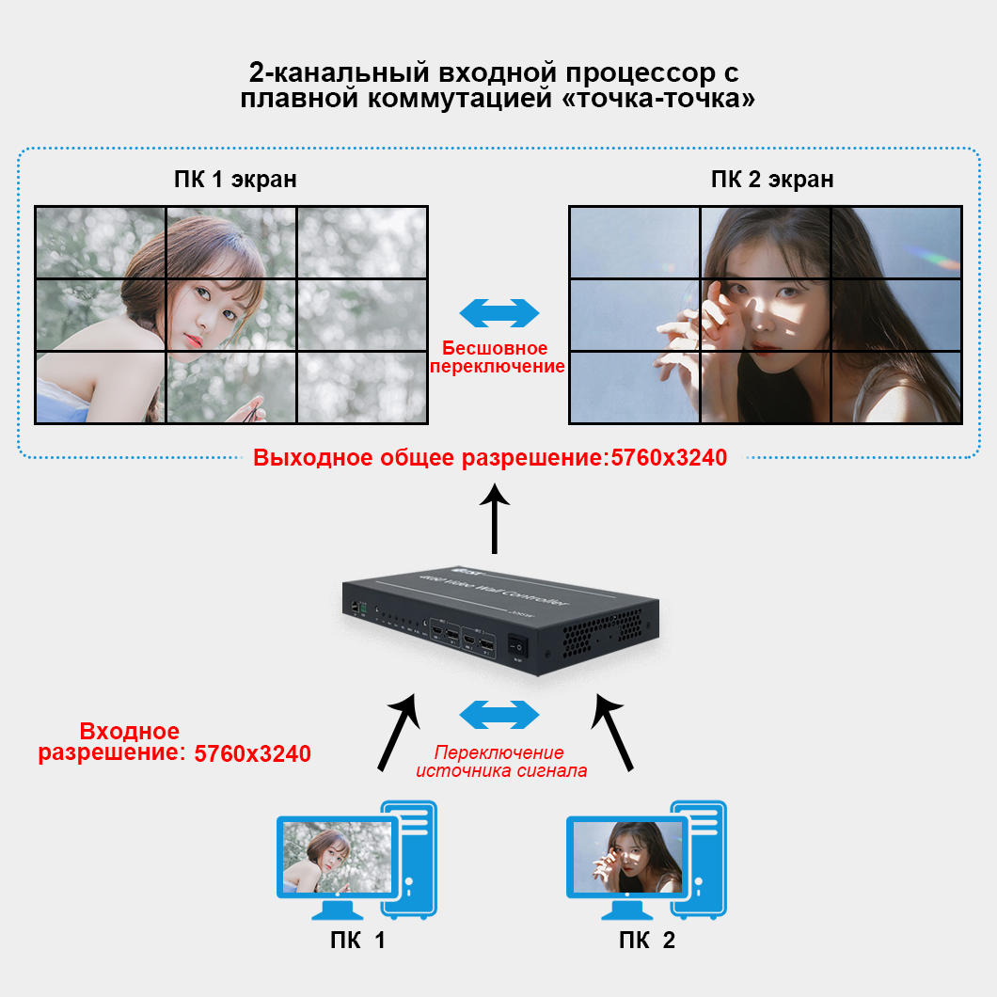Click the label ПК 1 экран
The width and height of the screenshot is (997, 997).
click(235, 179)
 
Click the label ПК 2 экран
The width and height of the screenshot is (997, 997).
click(771, 179)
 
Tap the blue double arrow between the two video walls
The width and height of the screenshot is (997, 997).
click(498, 313)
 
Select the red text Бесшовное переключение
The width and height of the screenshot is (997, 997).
click(498, 356)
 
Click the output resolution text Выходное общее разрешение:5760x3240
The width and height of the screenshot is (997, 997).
click(490, 458)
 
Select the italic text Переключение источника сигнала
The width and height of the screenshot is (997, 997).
click(501, 762)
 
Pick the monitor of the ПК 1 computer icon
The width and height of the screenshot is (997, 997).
click(336, 858)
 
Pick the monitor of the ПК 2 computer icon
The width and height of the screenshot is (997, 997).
click(625, 858)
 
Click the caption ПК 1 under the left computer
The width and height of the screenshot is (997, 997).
click(356, 941)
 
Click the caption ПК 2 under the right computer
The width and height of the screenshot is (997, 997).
click(647, 941)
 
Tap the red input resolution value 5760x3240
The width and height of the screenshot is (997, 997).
click(252, 753)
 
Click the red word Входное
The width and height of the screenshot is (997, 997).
click(129, 732)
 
